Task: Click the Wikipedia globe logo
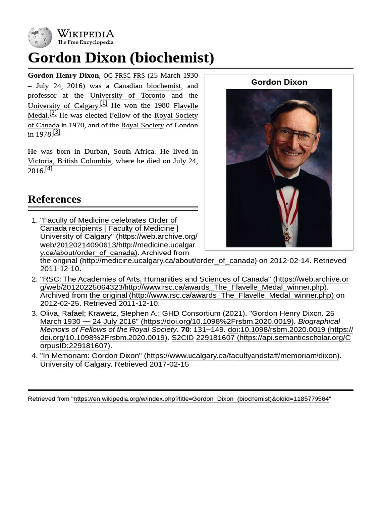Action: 40,37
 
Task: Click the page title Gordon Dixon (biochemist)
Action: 121,58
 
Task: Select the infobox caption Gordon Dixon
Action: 279,82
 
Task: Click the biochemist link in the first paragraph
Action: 164,86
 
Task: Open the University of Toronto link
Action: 127,95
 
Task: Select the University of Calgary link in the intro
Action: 63,106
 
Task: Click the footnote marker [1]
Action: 103,103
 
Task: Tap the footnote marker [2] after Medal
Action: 53,113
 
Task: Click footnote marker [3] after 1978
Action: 56,132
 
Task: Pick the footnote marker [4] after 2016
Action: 48,169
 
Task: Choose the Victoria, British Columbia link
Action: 69,161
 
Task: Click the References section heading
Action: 55,199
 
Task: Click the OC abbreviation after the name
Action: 108,76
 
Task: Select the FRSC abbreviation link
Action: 123,76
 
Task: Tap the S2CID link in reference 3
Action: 183,337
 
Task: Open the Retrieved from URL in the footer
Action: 201,399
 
